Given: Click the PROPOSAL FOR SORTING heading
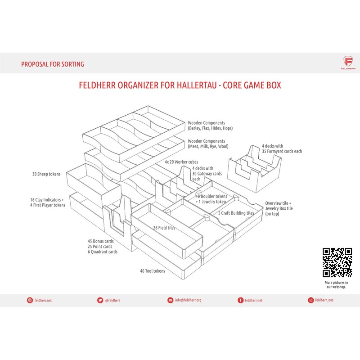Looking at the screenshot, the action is click(x=52, y=64).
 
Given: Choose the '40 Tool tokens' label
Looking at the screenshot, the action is click(x=153, y=271).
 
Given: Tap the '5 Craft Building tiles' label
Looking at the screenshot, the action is click(x=236, y=212).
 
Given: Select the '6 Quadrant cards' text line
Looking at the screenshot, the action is click(x=103, y=252).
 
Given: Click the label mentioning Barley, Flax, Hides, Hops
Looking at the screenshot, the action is click(x=210, y=126).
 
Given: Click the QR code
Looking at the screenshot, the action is click(x=337, y=263).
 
